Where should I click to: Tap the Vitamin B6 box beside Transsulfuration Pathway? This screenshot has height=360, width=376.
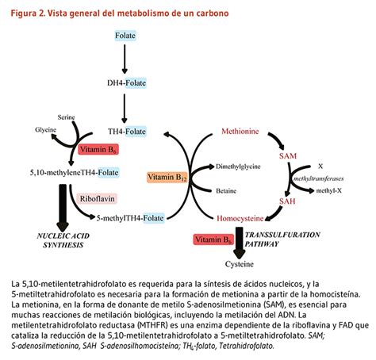215,237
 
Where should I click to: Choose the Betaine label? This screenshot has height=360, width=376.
225,190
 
